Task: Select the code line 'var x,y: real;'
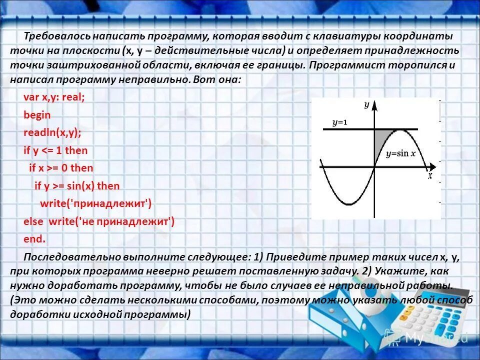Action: click(54, 97)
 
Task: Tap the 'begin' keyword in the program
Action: click(37, 115)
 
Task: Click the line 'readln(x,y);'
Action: click(52, 133)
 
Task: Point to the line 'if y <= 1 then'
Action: click(55, 150)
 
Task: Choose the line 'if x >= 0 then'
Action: click(61, 168)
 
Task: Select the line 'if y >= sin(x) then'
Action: click(77, 186)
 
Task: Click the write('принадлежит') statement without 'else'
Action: click(95, 203)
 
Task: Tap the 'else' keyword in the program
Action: click(33, 221)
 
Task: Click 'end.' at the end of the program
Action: click(34, 239)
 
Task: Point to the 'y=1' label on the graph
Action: click(339, 122)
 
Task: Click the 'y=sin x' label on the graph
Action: click(400, 153)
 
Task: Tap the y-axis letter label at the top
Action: click(366, 104)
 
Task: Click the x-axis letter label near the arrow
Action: click(429, 175)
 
